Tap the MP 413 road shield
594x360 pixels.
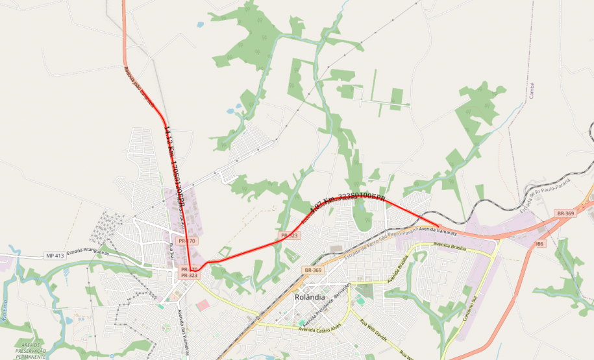coord(55,256)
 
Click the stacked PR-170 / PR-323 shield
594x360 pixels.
coord(189,272)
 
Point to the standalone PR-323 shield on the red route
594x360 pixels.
coord(289,235)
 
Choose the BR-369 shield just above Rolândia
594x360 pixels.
coord(312,270)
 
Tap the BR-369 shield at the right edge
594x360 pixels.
coord(565,213)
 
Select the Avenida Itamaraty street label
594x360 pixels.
coord(438,230)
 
